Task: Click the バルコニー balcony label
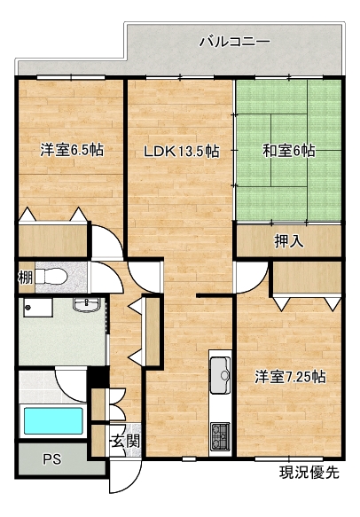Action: (x=235, y=42)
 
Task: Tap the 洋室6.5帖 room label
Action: (x=72, y=150)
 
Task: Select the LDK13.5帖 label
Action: (x=181, y=152)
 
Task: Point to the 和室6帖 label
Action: (x=288, y=151)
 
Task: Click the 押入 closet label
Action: (x=289, y=242)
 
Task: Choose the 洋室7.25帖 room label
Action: (x=290, y=377)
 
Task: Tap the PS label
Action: (x=52, y=458)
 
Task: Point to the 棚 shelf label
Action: (x=26, y=277)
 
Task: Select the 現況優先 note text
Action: (x=309, y=473)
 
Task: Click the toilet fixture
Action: (x=51, y=276)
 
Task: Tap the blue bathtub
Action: (x=53, y=420)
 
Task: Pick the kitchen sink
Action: (x=220, y=375)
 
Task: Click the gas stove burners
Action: (x=220, y=436)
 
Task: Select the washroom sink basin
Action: (x=87, y=304)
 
